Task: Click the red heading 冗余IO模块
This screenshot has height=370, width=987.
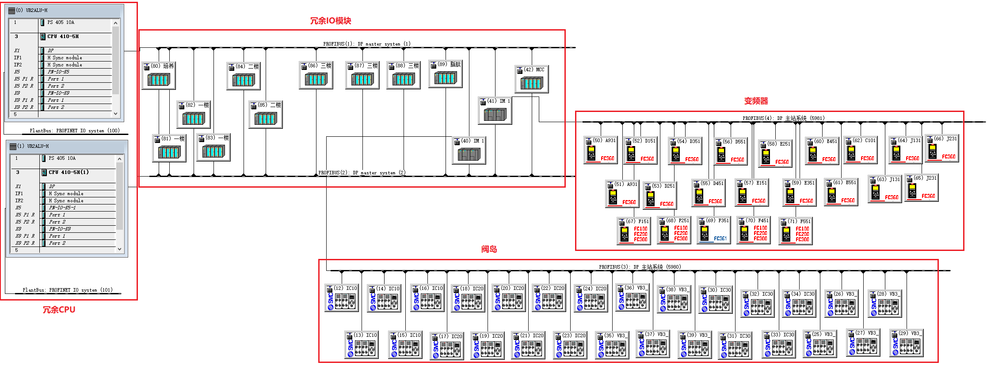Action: click(330, 21)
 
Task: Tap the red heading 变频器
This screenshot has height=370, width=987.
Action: click(756, 101)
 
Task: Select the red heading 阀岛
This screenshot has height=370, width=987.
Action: click(489, 249)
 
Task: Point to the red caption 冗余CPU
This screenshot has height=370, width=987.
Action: click(59, 310)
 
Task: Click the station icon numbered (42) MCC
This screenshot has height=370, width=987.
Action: click(531, 83)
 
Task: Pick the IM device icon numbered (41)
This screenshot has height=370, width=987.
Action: click(495, 115)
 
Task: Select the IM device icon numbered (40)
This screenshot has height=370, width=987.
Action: click(469, 154)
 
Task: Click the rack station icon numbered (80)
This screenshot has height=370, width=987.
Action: click(158, 80)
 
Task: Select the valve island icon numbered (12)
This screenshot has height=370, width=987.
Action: click(341, 301)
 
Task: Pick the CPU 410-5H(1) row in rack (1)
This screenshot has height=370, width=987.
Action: click(69, 172)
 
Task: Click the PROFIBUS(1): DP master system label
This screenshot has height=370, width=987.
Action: click(366, 44)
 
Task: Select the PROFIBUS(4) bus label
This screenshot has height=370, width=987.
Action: click(783, 118)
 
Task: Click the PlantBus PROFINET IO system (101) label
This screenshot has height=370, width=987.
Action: click(68, 290)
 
